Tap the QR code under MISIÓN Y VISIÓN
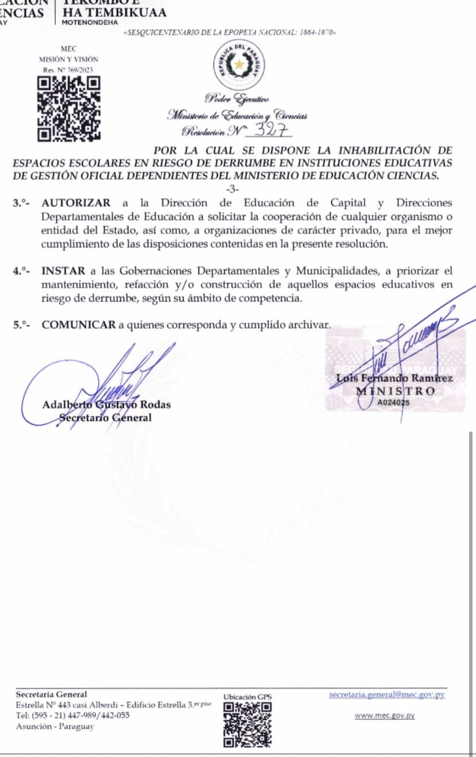(68, 108)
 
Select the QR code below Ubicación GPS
(247, 724)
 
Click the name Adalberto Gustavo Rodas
(106, 405)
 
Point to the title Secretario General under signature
(105, 417)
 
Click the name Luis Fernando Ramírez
(394, 378)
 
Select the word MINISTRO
(396, 391)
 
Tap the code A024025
(394, 403)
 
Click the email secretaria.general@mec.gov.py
(387, 695)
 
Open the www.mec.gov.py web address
(385, 716)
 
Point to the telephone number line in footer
(73, 716)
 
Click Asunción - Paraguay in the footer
(55, 726)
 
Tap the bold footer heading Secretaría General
(51, 695)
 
